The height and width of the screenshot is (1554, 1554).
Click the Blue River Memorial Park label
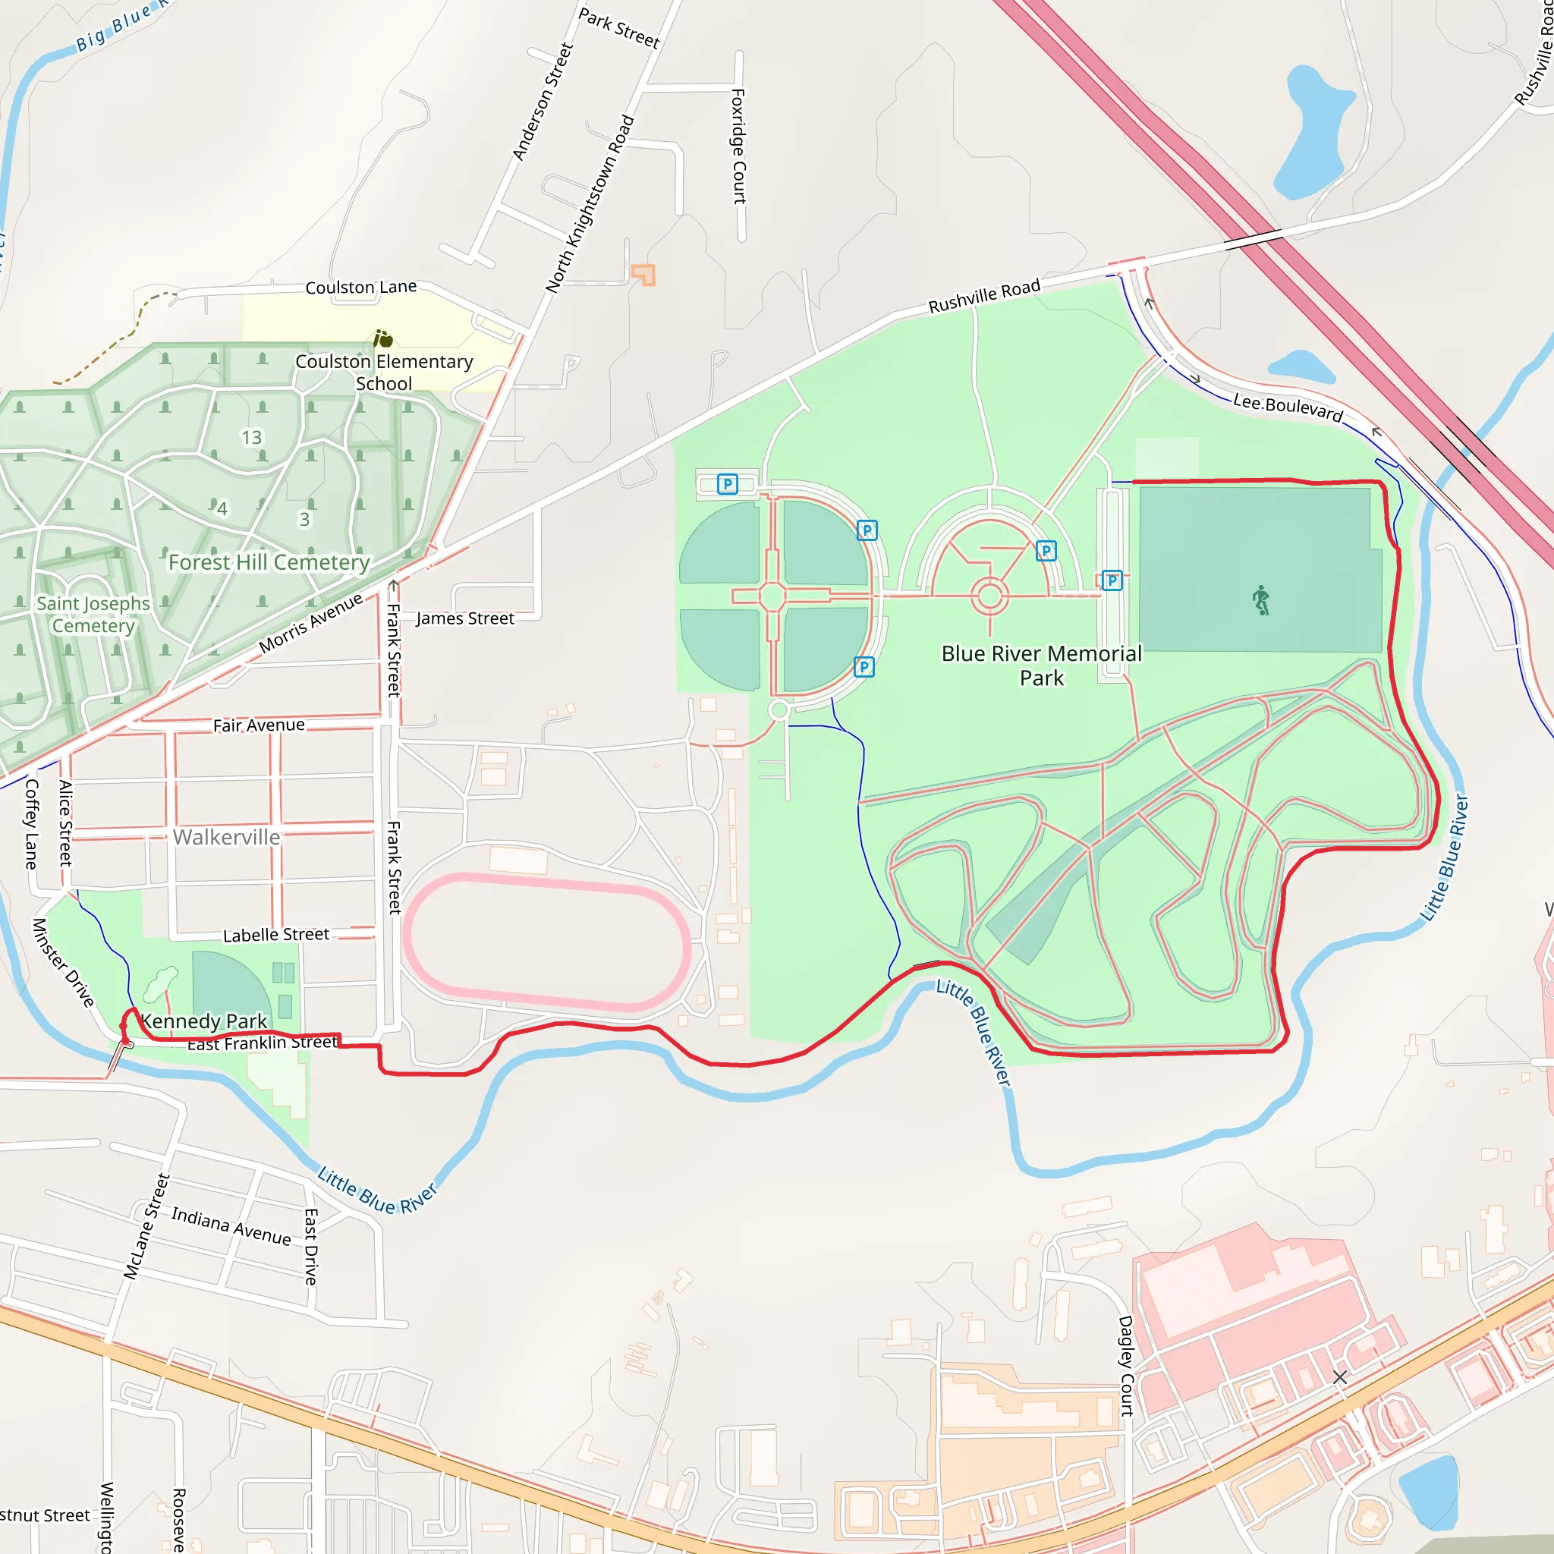tap(1041, 665)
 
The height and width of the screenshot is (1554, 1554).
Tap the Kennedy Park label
tap(203, 1021)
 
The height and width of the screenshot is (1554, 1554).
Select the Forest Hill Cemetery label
tap(269, 562)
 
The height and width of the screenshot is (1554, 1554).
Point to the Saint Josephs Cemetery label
tap(93, 614)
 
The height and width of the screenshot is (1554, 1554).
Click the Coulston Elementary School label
tap(384, 372)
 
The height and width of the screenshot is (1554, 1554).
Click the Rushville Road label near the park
tap(983, 295)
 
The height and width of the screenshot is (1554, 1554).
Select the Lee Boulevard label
tap(1287, 407)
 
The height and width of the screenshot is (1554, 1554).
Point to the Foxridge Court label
tap(738, 146)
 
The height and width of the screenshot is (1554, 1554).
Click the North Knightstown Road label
tap(590, 204)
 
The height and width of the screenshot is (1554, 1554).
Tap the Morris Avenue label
tap(310, 624)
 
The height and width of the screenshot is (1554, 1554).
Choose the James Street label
tap(464, 618)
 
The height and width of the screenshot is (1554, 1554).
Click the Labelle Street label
tap(276, 934)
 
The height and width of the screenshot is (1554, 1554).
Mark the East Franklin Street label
tap(263, 1043)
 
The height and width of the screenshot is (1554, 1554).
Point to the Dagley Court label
tap(1125, 1365)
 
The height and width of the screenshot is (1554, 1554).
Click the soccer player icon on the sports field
tap(1260, 600)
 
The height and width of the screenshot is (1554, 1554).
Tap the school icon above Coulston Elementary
tap(383, 338)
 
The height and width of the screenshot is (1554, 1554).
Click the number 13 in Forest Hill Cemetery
tap(252, 437)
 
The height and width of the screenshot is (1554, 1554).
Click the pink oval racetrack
tap(546, 941)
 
